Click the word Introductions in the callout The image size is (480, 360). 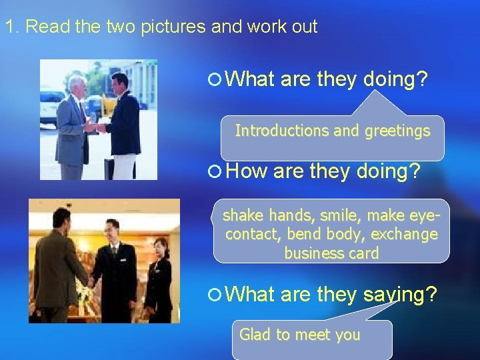[273, 130]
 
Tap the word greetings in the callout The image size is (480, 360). [397, 131]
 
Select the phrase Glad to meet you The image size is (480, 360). [299, 335]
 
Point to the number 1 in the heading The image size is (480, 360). [9, 27]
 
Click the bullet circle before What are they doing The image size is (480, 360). [215, 79]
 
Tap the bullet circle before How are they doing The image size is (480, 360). [215, 172]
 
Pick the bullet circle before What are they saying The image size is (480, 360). [215, 294]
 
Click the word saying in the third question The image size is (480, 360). [401, 294]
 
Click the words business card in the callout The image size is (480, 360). [331, 253]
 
